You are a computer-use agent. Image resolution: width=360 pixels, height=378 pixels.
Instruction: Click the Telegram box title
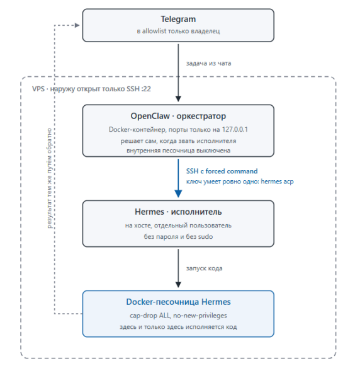(x=178, y=19)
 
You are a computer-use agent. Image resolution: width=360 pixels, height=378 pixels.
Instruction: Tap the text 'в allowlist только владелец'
(x=178, y=31)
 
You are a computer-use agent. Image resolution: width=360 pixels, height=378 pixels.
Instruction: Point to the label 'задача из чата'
(x=208, y=63)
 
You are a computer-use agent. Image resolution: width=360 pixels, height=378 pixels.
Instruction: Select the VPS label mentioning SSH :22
(x=91, y=89)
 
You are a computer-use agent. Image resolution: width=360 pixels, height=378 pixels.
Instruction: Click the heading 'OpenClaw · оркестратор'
(x=178, y=116)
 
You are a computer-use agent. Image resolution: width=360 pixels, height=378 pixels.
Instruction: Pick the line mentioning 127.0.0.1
(x=178, y=129)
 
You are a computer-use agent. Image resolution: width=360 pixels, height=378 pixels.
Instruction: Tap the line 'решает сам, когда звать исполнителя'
(x=178, y=141)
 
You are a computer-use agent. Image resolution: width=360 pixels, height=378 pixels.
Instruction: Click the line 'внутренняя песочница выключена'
(x=178, y=151)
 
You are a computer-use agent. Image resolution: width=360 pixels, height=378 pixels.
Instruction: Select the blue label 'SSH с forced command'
(x=222, y=171)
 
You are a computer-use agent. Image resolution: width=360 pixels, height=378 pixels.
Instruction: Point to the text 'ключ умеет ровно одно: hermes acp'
(x=240, y=181)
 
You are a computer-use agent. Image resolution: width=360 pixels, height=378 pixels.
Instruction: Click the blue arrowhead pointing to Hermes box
(x=178, y=194)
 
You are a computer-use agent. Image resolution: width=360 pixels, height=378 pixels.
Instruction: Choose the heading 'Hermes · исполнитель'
(x=178, y=212)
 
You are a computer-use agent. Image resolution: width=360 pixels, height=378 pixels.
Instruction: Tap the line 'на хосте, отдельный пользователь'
(x=178, y=226)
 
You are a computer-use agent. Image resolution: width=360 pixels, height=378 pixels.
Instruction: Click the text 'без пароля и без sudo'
(x=178, y=237)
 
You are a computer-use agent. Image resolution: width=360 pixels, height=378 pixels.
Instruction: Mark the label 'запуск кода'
(x=204, y=268)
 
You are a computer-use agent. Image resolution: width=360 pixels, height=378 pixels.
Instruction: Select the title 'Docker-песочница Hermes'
(x=178, y=302)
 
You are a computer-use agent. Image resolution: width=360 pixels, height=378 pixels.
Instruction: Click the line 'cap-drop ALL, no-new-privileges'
(x=178, y=316)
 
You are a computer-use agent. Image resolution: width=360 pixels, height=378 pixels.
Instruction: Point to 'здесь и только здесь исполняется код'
(x=178, y=327)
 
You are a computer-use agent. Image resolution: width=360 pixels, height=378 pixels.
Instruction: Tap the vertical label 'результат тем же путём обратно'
(x=49, y=178)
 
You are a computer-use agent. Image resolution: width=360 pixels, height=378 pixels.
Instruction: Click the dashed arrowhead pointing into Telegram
(x=77, y=25)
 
